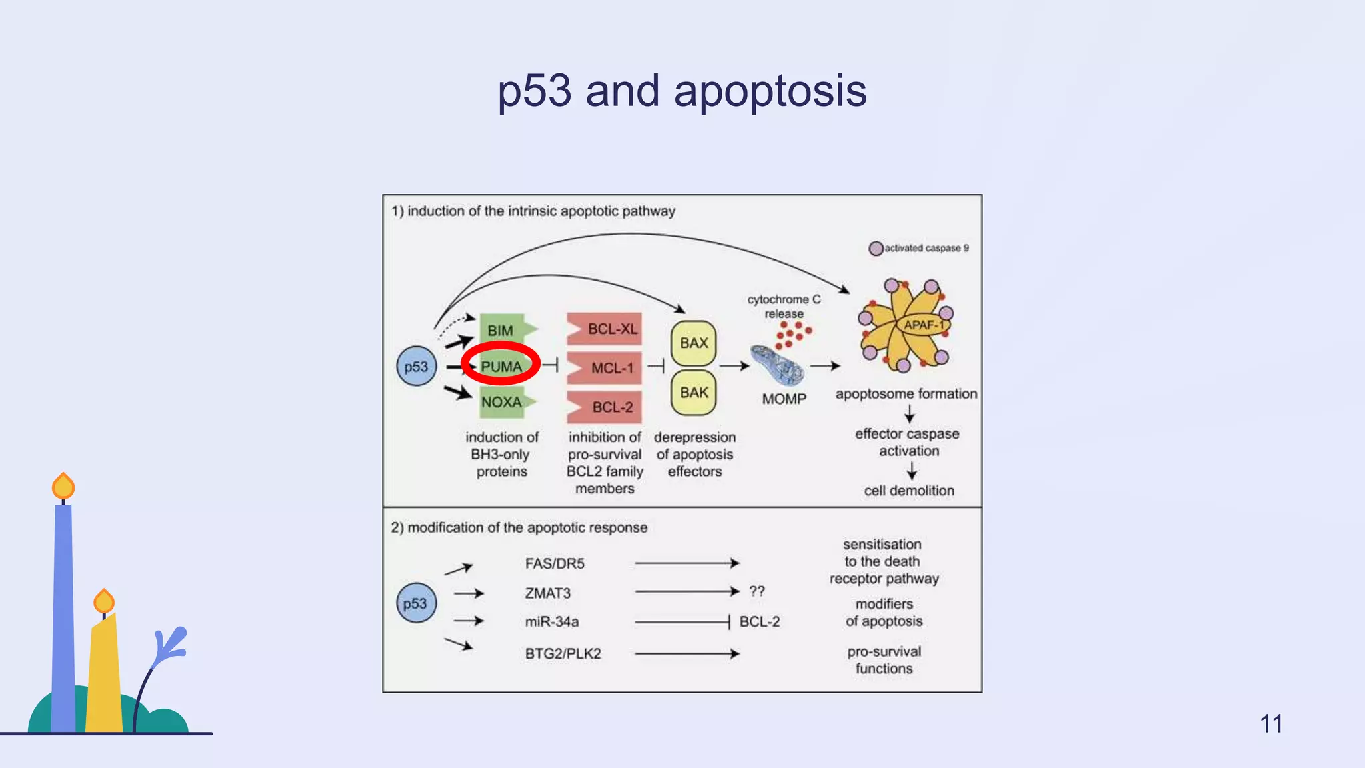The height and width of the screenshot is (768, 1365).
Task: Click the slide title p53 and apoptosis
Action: point(682,91)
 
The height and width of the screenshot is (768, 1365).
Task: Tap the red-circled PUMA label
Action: point(501,366)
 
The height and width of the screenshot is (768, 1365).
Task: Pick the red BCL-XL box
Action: point(605,329)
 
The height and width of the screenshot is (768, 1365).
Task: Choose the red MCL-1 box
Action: point(605,368)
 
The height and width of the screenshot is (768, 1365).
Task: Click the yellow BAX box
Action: point(693,343)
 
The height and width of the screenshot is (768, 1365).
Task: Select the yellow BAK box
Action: point(693,393)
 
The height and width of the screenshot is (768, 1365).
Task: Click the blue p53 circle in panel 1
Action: point(416,366)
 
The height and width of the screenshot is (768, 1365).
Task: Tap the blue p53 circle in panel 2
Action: point(415,603)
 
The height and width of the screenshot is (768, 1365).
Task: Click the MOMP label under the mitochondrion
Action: point(784,399)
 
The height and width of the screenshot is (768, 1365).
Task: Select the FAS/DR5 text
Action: point(555,563)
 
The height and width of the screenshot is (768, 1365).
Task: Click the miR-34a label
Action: point(551,621)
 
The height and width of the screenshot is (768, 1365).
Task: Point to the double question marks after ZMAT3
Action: point(757,591)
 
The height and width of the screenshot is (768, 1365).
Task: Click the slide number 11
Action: point(1271,723)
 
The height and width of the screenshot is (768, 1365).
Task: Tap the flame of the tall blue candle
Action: point(63,487)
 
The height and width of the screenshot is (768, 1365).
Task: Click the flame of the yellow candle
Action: point(104,601)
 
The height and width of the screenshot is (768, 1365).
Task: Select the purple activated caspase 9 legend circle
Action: point(876,249)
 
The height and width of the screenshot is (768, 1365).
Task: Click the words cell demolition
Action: point(909,491)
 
